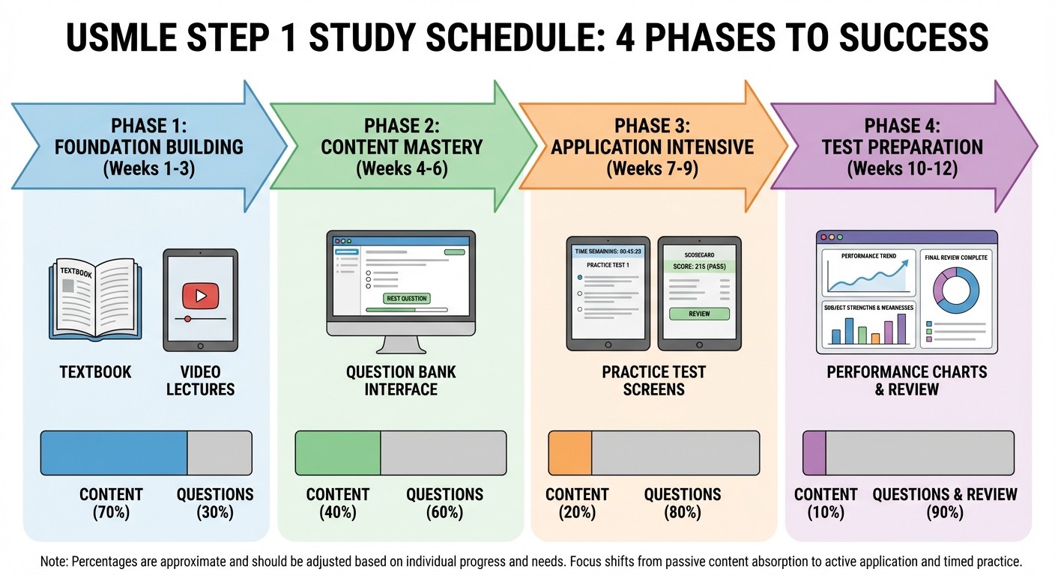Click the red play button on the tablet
click(200, 296)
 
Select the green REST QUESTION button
click(406, 298)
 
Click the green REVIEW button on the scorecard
click(698, 314)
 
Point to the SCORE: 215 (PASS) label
click(698, 267)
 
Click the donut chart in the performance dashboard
click(955, 292)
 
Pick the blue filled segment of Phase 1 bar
click(113, 453)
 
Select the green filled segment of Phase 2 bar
click(338, 453)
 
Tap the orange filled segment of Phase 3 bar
click(570, 453)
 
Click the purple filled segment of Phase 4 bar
click(814, 453)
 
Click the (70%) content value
click(111, 513)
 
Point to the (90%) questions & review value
click(945, 513)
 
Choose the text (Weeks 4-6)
click(401, 168)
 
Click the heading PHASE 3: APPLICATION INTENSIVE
click(652, 136)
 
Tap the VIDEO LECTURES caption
click(200, 380)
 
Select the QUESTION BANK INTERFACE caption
click(401, 380)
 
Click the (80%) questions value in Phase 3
click(683, 513)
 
